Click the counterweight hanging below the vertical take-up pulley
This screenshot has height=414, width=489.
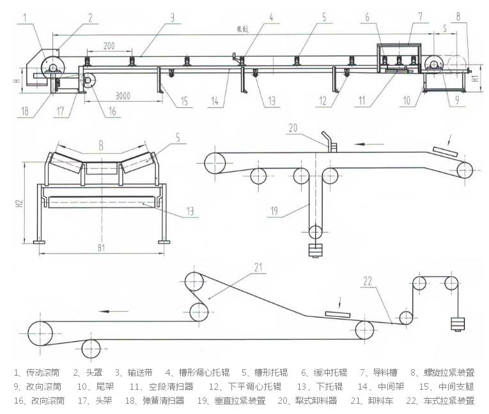click(x=314, y=250)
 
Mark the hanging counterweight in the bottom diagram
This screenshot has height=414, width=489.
click(x=456, y=324)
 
